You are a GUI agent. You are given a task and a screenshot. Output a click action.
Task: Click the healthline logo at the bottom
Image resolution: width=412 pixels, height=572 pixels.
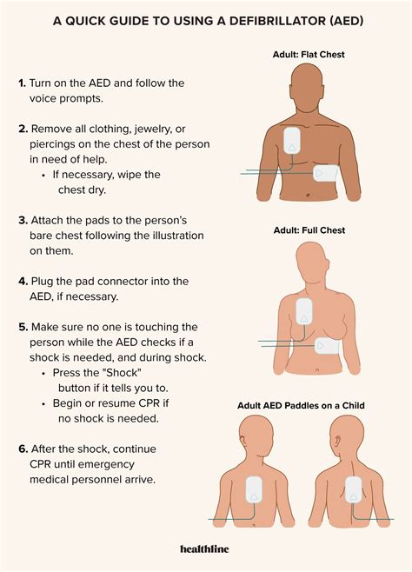pos(206,549)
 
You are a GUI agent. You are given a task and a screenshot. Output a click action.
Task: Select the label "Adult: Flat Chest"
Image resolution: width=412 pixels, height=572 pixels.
pos(309,55)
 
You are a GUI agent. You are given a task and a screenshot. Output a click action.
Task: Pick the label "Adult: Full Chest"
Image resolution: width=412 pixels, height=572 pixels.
pos(309,230)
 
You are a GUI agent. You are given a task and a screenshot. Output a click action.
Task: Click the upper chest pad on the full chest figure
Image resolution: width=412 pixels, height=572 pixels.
pos(304,312)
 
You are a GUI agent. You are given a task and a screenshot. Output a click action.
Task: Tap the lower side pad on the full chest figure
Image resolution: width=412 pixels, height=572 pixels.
pos(328,345)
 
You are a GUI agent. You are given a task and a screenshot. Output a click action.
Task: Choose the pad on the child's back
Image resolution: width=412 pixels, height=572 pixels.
pos(354,491)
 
